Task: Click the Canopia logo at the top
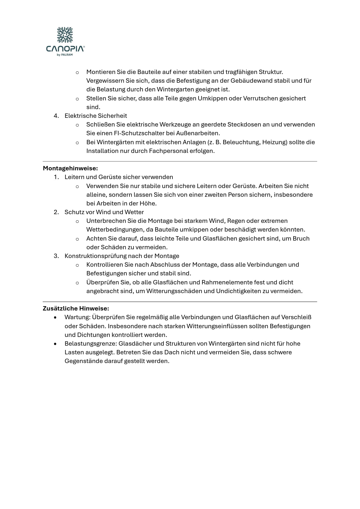click(x=65, y=41)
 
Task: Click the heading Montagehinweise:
click(x=70, y=168)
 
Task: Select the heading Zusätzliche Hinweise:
click(x=76, y=308)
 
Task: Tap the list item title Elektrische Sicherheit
click(x=96, y=116)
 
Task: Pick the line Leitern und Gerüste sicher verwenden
click(x=119, y=177)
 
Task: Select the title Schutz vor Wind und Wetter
click(x=104, y=212)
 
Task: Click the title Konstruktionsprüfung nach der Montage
click(x=122, y=256)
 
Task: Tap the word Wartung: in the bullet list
click(x=78, y=317)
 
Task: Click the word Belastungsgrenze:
click(x=90, y=344)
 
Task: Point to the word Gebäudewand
click(x=248, y=81)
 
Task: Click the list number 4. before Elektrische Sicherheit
click(x=56, y=116)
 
